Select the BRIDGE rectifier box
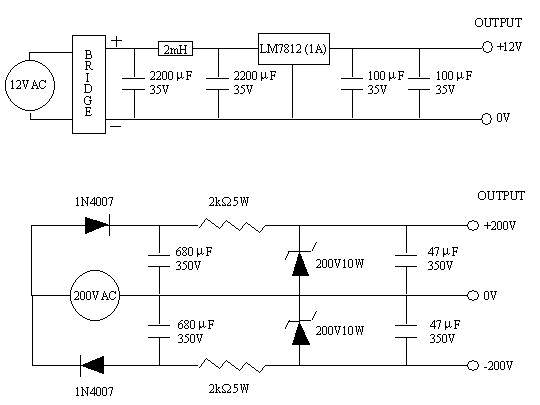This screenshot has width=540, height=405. pos(88,83)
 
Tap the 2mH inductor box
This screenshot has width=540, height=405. pos(175,47)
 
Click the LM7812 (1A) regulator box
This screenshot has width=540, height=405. pos(293,47)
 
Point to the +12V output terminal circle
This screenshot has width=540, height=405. pos(487,47)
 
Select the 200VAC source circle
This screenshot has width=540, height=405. pos(95,296)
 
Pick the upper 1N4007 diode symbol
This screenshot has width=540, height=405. pos(96,226)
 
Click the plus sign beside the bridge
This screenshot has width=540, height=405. pos(116,41)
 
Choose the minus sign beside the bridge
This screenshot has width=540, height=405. pos(116,127)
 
